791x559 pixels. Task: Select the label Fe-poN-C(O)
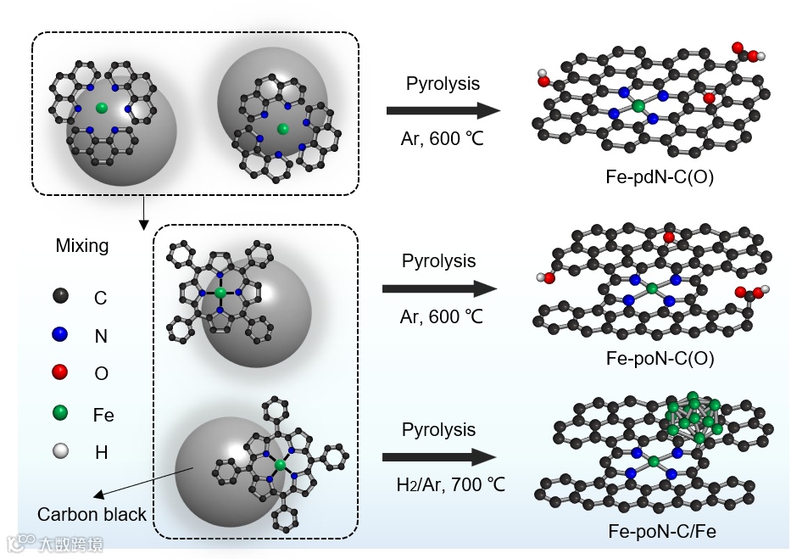(x=660, y=359)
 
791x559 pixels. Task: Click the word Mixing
(x=82, y=246)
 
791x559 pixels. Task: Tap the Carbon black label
(x=92, y=515)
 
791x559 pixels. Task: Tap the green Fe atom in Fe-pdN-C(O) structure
(x=638, y=106)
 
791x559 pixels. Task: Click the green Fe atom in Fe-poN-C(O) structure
(x=651, y=289)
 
